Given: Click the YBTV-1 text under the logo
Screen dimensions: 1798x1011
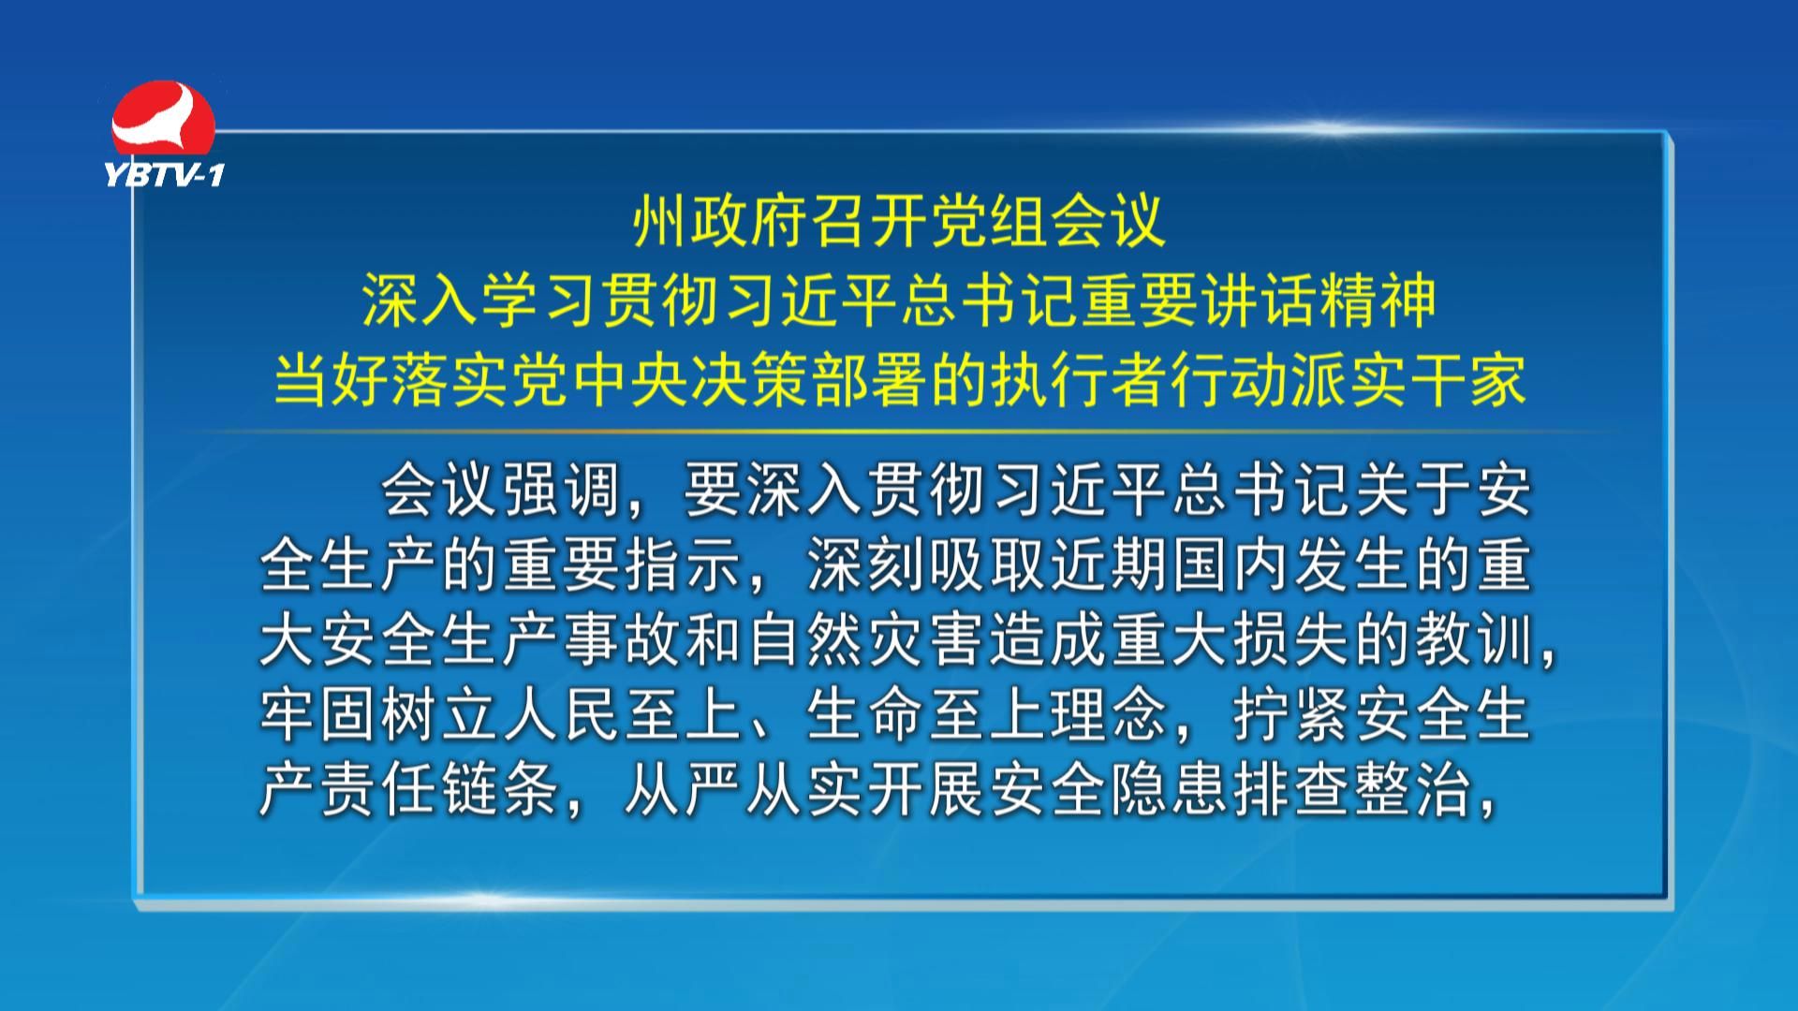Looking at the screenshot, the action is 164,175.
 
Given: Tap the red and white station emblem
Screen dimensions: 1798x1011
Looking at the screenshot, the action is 163,121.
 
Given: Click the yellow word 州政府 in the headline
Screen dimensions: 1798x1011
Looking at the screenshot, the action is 721,223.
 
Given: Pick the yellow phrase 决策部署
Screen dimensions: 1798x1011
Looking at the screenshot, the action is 809,381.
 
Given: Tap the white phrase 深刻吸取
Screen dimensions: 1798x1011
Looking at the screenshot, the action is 927,566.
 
